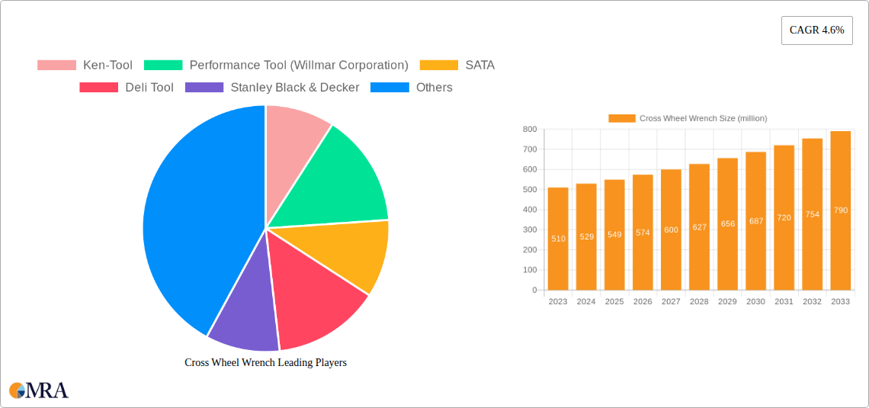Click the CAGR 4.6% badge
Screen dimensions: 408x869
[816, 31]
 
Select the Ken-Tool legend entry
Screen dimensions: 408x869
[85, 66]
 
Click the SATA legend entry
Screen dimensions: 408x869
[457, 66]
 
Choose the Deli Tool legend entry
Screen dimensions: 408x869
[127, 88]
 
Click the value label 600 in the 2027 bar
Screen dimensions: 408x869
[671, 230]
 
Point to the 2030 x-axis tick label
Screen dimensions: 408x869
[755, 302]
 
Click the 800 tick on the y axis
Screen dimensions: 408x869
[530, 130]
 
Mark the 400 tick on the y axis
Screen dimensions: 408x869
[530, 210]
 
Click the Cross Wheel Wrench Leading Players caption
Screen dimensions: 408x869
[265, 362]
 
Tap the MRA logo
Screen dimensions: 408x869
[38, 390]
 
